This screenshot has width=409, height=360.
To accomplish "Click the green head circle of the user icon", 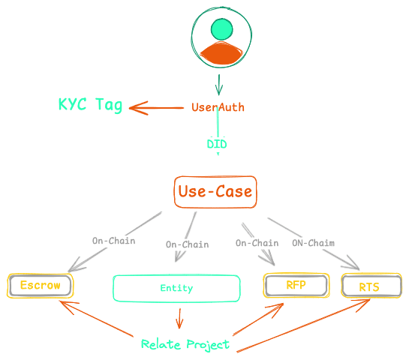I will [x=221, y=29].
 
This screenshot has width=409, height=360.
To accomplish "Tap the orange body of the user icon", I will [x=221, y=53].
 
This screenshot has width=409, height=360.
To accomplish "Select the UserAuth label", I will [x=218, y=107].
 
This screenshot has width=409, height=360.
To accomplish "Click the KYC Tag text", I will [x=90, y=105].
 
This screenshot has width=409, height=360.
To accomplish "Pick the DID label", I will [x=217, y=143].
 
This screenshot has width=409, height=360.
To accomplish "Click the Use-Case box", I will [x=215, y=192].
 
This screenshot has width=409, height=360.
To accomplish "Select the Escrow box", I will [x=41, y=286].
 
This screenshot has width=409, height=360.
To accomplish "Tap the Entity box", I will [x=176, y=288].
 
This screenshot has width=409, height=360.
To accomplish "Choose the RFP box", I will [x=296, y=285].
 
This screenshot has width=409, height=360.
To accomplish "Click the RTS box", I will [x=368, y=286].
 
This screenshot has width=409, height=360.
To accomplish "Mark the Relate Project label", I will [x=185, y=344].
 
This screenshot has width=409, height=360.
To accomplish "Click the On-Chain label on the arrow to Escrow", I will [x=114, y=241].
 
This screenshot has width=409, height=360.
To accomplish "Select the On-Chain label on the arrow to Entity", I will [x=187, y=244].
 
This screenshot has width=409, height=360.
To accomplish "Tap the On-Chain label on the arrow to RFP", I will [x=257, y=243].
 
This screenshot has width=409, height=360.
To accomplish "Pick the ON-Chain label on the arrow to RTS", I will [x=313, y=243].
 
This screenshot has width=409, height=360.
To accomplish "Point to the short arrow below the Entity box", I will [x=179, y=317].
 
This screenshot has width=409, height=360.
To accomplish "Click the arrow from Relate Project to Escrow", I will [x=98, y=319].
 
